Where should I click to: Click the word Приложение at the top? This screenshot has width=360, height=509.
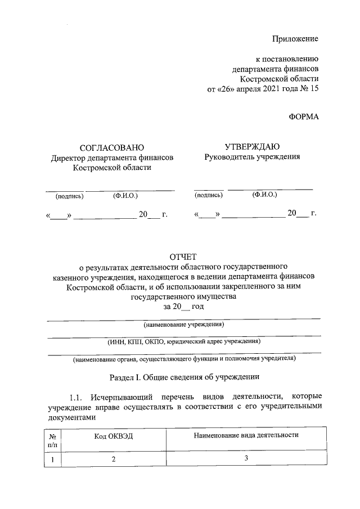coord(295,39)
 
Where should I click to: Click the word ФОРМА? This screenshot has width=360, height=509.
coord(303,117)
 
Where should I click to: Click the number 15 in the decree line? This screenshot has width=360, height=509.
coord(313,89)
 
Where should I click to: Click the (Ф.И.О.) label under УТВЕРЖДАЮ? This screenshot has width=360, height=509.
coord(264,195)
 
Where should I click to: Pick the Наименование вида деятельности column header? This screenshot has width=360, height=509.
coord(246,435)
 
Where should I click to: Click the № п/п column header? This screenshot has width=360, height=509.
coord(52,440)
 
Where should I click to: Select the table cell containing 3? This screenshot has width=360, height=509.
coord(246,458)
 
